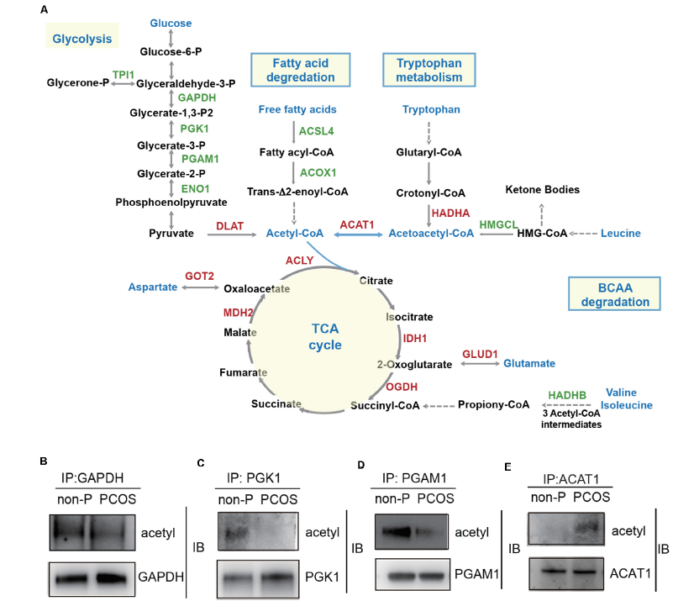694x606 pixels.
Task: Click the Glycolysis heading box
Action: [81, 39]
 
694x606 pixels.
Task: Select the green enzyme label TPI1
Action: [123, 75]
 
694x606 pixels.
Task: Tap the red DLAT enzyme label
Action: [229, 224]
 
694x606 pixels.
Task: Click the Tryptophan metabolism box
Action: [428, 70]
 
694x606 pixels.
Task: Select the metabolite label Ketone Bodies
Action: [543, 189]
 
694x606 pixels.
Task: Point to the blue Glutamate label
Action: [529, 363]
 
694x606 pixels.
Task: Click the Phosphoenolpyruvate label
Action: [171, 203]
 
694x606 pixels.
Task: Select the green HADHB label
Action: [567, 394]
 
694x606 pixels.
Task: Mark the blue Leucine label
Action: [621, 233]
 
